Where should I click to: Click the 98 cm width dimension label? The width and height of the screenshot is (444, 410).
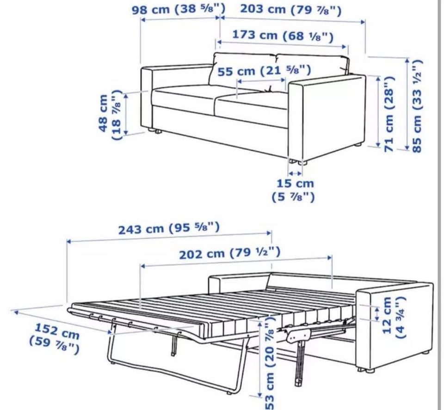[179, 9]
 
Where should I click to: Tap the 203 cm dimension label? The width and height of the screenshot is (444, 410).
[291, 10]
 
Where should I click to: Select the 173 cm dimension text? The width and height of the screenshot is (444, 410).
[283, 36]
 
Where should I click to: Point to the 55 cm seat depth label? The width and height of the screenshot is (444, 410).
[264, 70]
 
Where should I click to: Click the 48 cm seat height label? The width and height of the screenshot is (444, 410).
[111, 115]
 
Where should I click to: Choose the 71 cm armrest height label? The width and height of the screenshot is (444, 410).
[389, 113]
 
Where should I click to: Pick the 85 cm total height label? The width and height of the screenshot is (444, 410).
[417, 106]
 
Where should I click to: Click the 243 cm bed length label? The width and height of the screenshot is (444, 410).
[169, 228]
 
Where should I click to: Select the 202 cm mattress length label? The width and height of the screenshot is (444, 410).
[230, 253]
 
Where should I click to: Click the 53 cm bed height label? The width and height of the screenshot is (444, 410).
[269, 363]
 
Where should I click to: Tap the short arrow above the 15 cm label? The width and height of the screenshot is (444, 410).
[295, 173]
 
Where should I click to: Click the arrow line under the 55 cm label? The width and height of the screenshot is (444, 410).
[261, 81]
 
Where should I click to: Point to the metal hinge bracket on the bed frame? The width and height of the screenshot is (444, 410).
[300, 336]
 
